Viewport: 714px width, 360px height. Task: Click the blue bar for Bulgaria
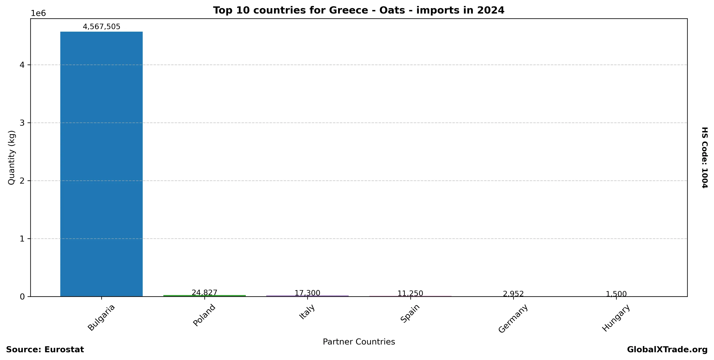point(101,164)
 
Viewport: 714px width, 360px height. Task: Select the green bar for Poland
point(204,296)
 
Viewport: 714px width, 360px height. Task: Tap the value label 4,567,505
point(101,27)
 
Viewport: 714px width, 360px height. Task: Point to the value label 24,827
point(204,293)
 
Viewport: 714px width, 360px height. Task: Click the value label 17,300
point(307,293)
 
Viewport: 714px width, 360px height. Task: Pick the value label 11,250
point(410,293)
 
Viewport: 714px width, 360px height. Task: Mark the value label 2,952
point(513,294)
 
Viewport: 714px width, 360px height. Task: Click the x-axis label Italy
point(307,312)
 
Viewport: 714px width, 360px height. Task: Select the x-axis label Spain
point(410,313)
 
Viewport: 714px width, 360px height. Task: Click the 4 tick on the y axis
point(22,65)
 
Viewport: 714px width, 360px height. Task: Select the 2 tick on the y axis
point(22,181)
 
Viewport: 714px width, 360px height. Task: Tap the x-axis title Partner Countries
point(359,342)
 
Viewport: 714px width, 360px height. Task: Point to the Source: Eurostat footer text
point(45,349)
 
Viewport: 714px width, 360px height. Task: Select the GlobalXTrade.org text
point(667,349)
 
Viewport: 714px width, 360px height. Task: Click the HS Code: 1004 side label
point(704,158)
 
